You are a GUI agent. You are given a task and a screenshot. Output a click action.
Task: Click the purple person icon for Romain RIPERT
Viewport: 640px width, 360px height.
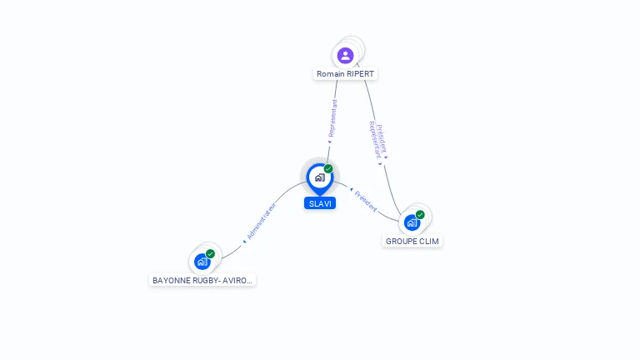point(345,56)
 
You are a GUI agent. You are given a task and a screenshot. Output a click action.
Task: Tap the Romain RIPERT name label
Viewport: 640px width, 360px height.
point(346,74)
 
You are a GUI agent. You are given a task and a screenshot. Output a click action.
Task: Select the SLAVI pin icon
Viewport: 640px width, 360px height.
point(319,177)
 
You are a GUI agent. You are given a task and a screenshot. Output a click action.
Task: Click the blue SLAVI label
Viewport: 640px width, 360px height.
point(320,203)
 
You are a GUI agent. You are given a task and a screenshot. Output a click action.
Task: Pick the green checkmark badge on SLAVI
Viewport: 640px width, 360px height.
point(328,169)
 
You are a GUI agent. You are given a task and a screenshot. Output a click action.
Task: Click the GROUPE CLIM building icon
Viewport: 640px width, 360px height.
point(411,222)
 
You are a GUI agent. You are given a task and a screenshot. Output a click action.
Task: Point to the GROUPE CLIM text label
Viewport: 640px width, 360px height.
point(412,241)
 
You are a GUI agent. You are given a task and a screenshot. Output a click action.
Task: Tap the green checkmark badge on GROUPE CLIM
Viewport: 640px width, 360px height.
point(420,215)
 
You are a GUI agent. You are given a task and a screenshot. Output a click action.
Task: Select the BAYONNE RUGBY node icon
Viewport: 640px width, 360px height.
point(202,262)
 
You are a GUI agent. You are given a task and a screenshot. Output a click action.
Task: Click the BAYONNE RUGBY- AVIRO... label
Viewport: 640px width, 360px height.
point(202,281)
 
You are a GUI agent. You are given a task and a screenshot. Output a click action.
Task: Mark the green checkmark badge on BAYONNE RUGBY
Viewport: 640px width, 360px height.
point(210,254)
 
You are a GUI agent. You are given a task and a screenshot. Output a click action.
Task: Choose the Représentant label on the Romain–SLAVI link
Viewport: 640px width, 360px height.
point(332,120)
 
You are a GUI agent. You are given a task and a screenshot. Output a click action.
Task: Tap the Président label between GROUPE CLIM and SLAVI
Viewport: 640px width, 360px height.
point(365,200)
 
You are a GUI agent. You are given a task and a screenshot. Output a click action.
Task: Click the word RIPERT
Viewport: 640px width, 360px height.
point(360,74)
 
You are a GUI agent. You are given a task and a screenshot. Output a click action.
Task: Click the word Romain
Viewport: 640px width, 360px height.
point(331,74)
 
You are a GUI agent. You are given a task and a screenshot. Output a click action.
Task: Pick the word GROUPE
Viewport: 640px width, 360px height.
point(402,241)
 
